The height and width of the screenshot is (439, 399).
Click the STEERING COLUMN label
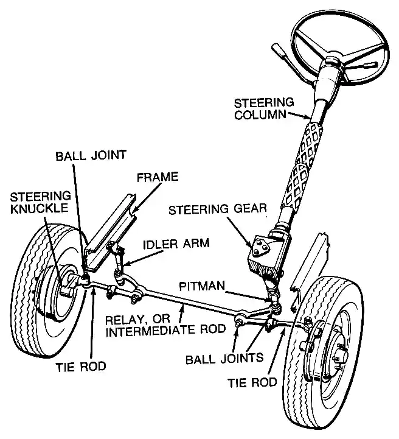coord(264,109)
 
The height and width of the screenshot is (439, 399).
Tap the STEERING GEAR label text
coord(218,209)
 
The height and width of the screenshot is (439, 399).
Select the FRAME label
coord(158,177)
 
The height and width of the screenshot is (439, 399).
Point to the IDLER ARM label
coord(176,244)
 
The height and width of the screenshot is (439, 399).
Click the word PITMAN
coord(202,286)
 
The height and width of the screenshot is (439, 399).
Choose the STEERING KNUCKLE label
coord(40,203)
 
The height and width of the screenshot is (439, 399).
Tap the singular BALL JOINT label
coord(91,155)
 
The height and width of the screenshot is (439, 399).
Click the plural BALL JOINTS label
coord(224,359)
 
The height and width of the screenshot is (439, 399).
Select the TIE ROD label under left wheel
coord(81,367)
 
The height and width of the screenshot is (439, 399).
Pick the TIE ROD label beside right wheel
coord(252,382)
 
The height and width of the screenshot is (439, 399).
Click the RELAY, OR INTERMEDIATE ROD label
coord(165,325)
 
